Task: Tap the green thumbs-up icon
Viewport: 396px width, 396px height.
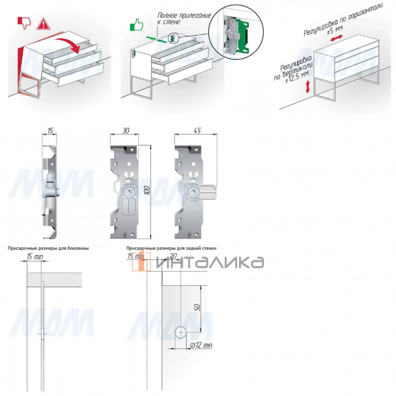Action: (136, 25)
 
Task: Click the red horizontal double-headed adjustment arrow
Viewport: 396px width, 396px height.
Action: (336, 38)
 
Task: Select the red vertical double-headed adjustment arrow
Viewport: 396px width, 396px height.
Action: (308, 87)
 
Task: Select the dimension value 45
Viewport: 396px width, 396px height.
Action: (197, 130)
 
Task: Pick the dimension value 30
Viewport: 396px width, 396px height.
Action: (125, 130)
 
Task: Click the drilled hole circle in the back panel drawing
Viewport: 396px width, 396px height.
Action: (181, 332)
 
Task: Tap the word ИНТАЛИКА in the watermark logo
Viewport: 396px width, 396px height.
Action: (210, 262)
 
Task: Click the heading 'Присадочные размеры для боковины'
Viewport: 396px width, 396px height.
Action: (48, 248)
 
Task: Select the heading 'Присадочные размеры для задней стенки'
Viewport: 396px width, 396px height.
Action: (171, 248)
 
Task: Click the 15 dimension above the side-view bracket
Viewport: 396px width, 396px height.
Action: (50, 130)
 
